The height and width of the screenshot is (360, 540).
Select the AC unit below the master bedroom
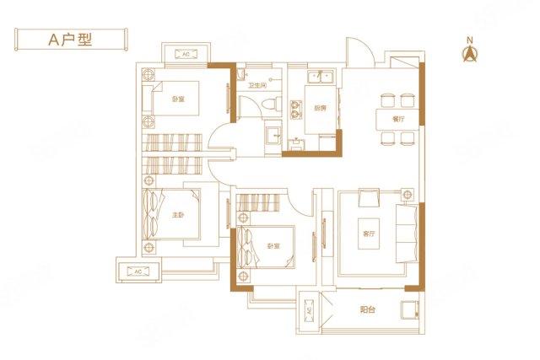(137, 271)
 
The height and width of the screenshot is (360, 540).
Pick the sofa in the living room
(408, 232)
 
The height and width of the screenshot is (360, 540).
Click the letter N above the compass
(469, 39)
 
